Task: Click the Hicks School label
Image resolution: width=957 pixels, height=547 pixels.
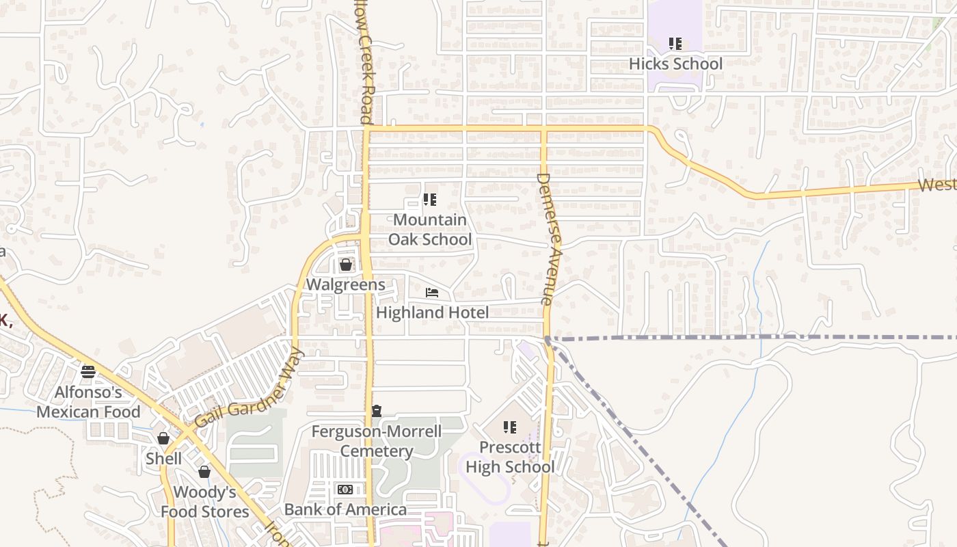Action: [x=675, y=64]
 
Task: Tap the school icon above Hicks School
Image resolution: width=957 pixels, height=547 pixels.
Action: [x=675, y=44]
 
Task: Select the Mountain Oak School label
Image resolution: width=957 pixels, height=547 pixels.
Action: [x=430, y=230]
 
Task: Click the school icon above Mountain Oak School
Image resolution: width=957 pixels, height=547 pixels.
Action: [x=430, y=200]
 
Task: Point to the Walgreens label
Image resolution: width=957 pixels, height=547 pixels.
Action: [x=345, y=284]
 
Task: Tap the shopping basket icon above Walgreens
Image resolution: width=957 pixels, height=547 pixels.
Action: [x=346, y=265]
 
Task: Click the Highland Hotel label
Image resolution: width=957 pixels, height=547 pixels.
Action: [x=432, y=312]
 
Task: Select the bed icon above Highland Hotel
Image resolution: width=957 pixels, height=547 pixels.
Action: [x=432, y=293]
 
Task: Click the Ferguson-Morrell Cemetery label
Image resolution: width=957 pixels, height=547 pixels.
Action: [x=376, y=441]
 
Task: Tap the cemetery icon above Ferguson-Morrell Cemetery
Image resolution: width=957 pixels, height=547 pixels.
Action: [x=376, y=411]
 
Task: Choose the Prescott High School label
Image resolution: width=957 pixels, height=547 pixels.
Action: [x=510, y=457]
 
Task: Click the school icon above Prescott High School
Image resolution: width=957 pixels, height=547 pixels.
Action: [x=510, y=427]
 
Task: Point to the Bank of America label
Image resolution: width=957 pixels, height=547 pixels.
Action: [x=345, y=509]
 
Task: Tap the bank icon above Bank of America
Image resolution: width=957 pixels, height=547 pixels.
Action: [x=345, y=490]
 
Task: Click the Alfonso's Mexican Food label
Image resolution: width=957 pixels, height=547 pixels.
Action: [x=88, y=402]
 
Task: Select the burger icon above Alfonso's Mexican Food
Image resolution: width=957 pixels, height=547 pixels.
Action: [x=88, y=372]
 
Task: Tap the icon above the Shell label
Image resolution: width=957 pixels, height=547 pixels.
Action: [x=163, y=438]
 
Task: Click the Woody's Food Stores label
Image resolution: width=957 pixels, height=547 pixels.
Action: [x=205, y=502]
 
